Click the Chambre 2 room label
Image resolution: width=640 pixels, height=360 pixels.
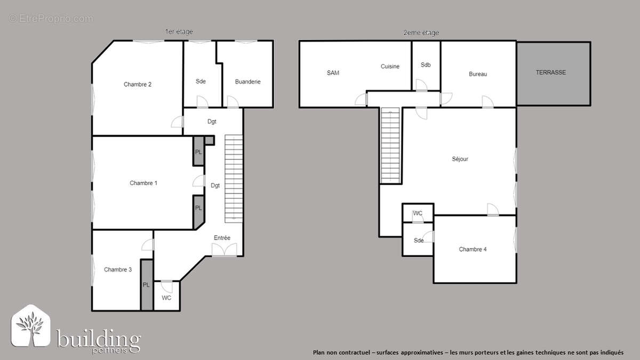(138, 84)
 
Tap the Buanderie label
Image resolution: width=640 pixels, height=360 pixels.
(248, 82)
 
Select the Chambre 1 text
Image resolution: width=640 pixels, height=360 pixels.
(143, 183)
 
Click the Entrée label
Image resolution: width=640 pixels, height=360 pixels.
(222, 238)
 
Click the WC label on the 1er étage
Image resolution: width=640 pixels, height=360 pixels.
(166, 298)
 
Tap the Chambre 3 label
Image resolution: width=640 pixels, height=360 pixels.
(118, 269)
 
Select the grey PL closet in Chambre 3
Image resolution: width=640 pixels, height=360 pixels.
(147, 285)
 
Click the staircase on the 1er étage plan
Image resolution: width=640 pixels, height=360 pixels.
(234, 178)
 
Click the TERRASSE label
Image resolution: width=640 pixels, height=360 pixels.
(551, 72)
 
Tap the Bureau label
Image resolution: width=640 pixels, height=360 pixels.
(478, 74)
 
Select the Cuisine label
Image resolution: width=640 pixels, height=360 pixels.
(390, 67)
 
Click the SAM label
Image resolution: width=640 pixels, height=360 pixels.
(333, 73)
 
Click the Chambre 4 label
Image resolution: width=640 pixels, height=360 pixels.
(473, 249)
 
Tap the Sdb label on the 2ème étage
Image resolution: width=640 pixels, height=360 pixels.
(425, 65)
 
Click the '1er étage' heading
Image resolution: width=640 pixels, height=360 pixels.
(179, 32)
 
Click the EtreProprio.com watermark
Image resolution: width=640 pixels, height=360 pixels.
(51, 19)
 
